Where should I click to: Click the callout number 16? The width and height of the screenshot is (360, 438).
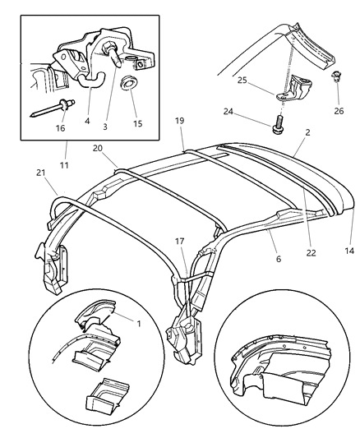[61, 128]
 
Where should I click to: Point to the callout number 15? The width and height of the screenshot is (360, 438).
[137, 123]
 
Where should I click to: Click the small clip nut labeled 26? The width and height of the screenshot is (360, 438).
[337, 79]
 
